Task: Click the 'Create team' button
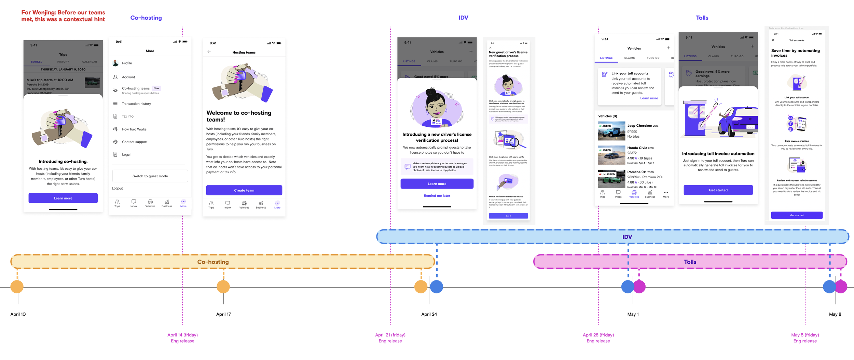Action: click(x=244, y=190)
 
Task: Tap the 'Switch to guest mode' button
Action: click(x=150, y=176)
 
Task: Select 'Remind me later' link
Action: click(x=437, y=196)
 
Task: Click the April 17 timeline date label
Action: click(x=223, y=314)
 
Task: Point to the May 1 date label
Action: click(x=633, y=314)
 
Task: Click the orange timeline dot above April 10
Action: click(x=17, y=287)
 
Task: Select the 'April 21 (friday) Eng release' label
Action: click(x=390, y=338)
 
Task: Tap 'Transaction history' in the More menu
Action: click(x=136, y=103)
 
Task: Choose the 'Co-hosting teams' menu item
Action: click(x=136, y=88)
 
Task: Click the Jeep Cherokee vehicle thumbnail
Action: click(x=611, y=131)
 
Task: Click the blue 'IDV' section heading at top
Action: click(x=463, y=18)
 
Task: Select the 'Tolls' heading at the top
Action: click(x=702, y=18)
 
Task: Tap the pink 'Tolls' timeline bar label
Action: click(x=690, y=262)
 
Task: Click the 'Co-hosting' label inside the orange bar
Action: click(x=213, y=262)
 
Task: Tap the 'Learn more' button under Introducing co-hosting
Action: click(x=63, y=198)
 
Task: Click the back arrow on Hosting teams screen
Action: click(x=209, y=52)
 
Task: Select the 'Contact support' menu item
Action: click(x=135, y=142)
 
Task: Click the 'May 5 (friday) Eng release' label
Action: click(x=805, y=338)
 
